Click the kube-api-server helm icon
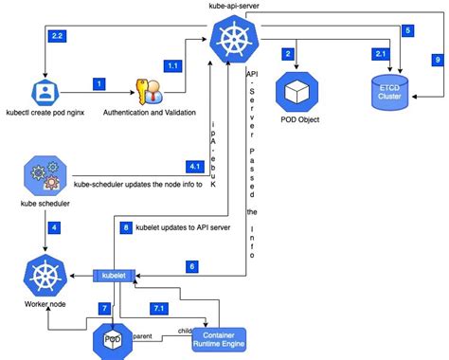tap(231, 42)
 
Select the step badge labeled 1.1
tap(173, 64)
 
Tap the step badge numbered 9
tap(438, 59)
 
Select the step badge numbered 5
tap(407, 30)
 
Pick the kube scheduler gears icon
tap(43, 177)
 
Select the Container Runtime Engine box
tap(219, 338)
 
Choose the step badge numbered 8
tap(125, 227)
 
